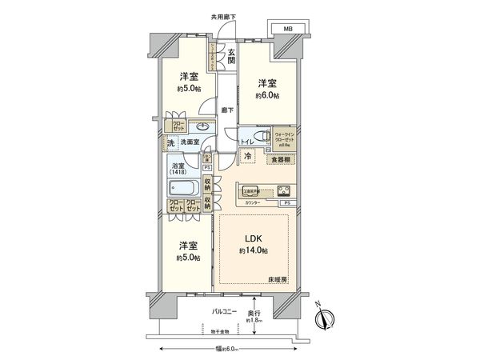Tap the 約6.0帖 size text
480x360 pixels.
point(267,95)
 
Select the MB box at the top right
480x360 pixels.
point(286,30)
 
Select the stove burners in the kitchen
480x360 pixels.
point(284,191)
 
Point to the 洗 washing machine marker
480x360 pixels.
point(170,144)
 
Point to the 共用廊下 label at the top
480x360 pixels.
point(223,17)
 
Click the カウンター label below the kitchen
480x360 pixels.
point(254,203)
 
